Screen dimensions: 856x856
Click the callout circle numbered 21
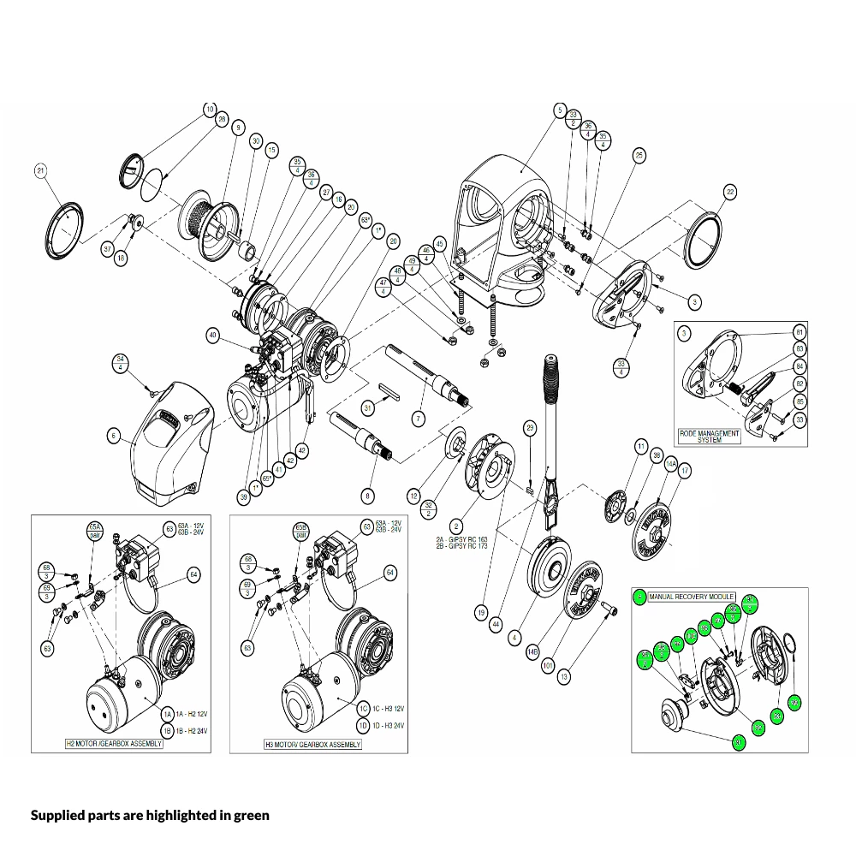(x=39, y=171)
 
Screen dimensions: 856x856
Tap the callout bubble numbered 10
(x=210, y=110)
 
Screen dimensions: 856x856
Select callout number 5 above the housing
(x=560, y=110)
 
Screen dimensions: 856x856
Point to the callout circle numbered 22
(x=729, y=193)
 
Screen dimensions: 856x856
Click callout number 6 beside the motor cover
(x=113, y=436)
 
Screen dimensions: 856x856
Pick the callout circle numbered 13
(x=562, y=676)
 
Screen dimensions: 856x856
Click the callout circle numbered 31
(x=368, y=407)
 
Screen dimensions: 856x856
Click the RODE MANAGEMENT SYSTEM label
(x=709, y=437)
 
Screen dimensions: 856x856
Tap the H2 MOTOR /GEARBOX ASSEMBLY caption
(x=114, y=744)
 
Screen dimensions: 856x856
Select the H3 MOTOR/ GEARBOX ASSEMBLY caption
(x=312, y=745)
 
